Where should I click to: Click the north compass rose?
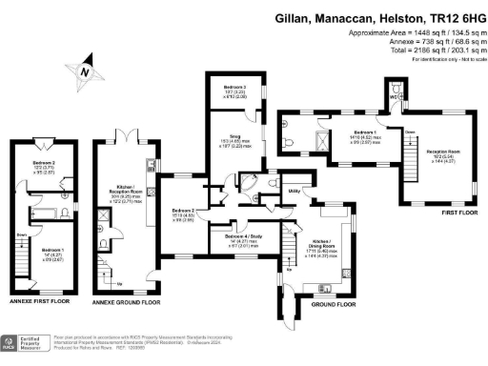88,70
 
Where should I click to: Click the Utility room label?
295,192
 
